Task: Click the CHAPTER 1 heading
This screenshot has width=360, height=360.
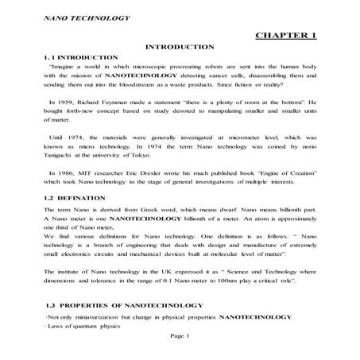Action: click(x=288, y=36)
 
